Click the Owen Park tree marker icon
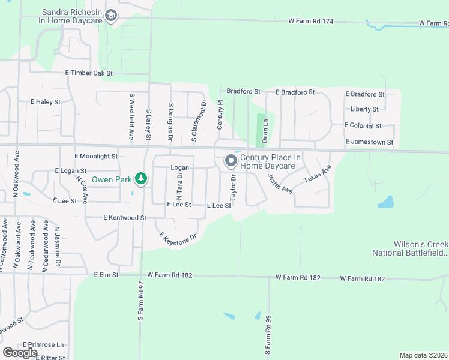coord(141,178)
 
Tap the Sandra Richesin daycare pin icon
coord(111,16)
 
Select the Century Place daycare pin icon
coord(231,160)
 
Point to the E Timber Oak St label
coord(89,73)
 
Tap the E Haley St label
coord(46,102)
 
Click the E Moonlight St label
coord(96,156)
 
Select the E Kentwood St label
coord(125,218)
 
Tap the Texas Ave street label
coord(317,175)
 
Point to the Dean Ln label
coord(265,130)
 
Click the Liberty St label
coord(364,109)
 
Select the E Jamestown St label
coord(369,142)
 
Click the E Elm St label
coord(107,274)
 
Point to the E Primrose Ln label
coord(43,345)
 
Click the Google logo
coord(20,353)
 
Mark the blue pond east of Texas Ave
coord(385,202)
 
